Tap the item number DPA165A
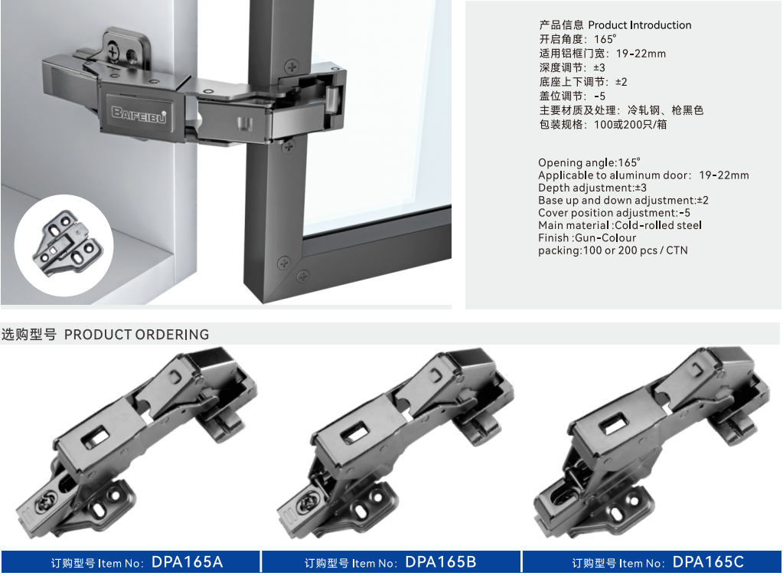(x=188, y=562)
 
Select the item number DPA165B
(x=441, y=562)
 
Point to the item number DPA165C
(x=708, y=562)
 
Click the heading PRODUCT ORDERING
(x=137, y=335)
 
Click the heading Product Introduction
(x=640, y=25)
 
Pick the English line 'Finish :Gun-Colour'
(x=587, y=237)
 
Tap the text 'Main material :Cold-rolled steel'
(x=620, y=225)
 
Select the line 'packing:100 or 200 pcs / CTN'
(x=613, y=250)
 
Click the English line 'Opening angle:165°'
(x=589, y=163)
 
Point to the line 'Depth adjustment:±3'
(x=592, y=188)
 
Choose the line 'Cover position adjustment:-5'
(x=614, y=213)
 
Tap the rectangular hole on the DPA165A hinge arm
(x=96, y=437)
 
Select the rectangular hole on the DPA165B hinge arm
(x=356, y=432)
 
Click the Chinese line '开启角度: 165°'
(x=578, y=39)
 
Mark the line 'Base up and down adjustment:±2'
(x=623, y=201)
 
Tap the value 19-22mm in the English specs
(x=724, y=175)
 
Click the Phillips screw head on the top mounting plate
(x=113, y=52)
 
